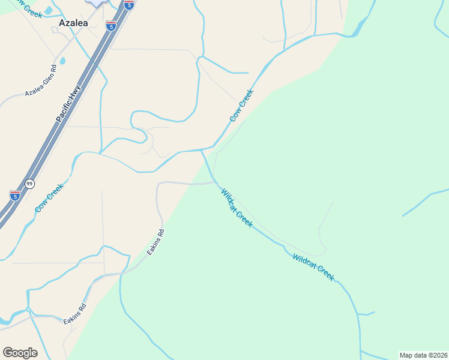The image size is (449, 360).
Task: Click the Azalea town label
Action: [x=73, y=23]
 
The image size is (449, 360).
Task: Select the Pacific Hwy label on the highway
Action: [x=68, y=104]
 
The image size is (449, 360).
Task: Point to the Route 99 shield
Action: [x=29, y=184]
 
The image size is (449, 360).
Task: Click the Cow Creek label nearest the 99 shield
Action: [x=49, y=198]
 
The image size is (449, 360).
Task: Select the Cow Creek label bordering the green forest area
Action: [x=241, y=106]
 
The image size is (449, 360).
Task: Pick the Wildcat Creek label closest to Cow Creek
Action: [x=237, y=208]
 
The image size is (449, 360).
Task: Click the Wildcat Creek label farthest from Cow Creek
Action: [x=313, y=267]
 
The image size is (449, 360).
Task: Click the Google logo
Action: [x=20, y=353]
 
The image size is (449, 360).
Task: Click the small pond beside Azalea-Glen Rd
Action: [x=62, y=61]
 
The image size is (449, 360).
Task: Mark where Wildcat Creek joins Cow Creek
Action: [x=202, y=151]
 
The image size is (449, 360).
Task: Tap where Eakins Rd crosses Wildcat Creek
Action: [x=215, y=181]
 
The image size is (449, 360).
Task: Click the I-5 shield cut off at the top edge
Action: [x=128, y=5]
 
